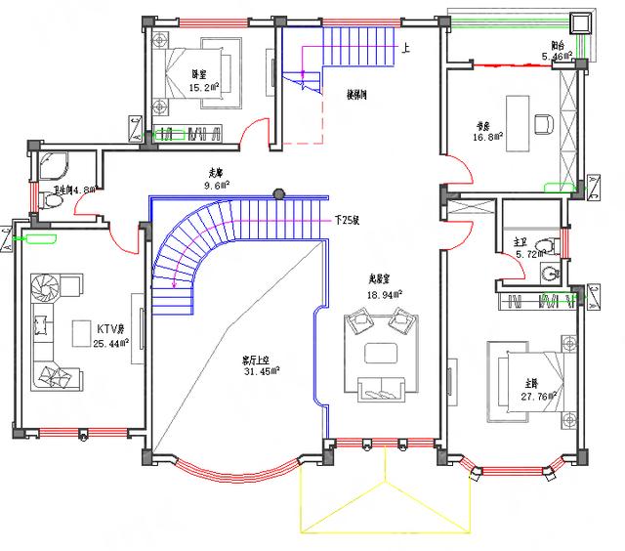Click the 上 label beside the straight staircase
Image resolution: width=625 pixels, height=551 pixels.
(405, 46)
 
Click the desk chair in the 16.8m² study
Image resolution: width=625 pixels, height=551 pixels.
(544, 123)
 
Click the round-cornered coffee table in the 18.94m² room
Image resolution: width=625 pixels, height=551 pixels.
(376, 353)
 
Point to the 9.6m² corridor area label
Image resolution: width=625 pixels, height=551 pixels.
(215, 185)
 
